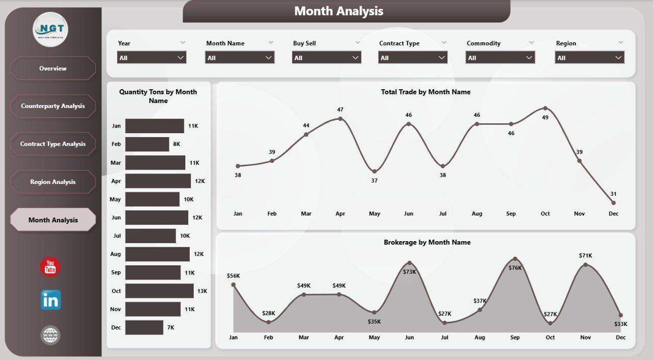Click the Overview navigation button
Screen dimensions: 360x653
(53, 68)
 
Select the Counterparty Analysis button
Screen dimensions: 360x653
(53, 106)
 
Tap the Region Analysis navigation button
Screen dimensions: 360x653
(53, 182)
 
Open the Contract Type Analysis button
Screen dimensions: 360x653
(53, 144)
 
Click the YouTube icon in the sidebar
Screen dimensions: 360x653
(50, 267)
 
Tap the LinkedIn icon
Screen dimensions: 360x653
(51, 300)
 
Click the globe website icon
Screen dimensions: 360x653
(51, 335)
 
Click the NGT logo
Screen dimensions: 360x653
(50, 29)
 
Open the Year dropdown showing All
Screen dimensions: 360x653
(152, 58)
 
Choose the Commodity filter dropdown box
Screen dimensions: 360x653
(500, 58)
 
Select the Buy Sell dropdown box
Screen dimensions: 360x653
(326, 58)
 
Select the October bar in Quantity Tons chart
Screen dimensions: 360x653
(159, 291)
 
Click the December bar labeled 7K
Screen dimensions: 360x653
(144, 327)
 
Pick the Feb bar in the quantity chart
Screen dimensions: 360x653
(147, 144)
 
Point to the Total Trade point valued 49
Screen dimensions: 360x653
(545, 108)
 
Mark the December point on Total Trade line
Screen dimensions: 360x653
(613, 202)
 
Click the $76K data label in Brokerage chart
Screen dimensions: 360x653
(515, 268)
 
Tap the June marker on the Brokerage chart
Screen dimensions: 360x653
(409, 264)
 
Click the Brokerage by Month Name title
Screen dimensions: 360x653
(427, 242)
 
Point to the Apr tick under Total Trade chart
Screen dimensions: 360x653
(340, 214)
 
